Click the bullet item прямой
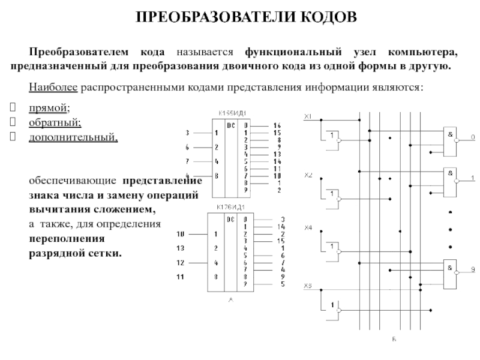point(49,108)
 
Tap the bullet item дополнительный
point(73,137)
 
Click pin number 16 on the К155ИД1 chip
point(277,124)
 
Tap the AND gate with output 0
point(449,137)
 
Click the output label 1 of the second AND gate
point(472,178)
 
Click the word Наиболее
point(50,88)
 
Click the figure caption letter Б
point(394,339)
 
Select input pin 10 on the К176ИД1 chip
point(180,234)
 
